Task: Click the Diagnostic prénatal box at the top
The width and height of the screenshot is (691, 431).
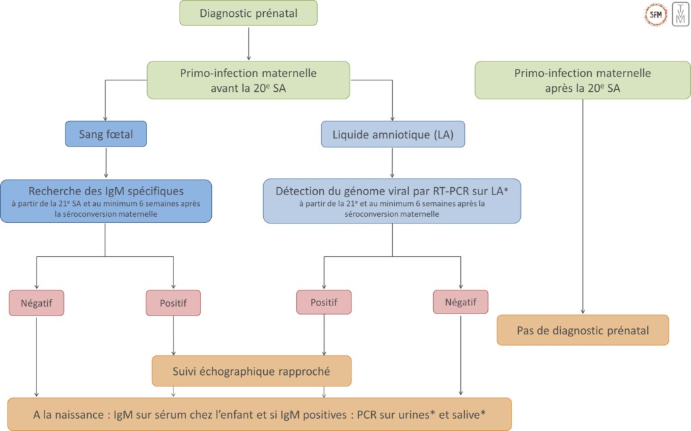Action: (249, 14)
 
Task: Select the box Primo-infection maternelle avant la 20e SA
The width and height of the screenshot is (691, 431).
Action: (249, 80)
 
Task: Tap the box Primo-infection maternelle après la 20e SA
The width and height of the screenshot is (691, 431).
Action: (582, 80)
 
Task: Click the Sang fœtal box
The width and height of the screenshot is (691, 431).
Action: (106, 134)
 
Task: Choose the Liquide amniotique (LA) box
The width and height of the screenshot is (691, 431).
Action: (393, 134)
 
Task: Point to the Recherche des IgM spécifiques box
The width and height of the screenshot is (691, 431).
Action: (106, 201)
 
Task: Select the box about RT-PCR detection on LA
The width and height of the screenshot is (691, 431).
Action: (392, 201)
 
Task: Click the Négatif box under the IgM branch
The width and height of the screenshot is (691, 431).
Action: (36, 303)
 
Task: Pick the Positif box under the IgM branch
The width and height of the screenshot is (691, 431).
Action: (173, 303)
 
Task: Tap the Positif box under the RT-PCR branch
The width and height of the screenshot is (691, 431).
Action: (324, 303)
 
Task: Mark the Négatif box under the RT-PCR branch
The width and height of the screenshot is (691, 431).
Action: (460, 303)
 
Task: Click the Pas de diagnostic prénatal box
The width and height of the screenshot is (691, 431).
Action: (582, 330)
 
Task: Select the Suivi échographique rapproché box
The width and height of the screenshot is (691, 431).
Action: (252, 371)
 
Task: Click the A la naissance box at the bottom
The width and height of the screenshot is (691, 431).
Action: (260, 413)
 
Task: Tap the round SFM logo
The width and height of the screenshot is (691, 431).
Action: (656, 14)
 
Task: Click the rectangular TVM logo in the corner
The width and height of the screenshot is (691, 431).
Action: (680, 14)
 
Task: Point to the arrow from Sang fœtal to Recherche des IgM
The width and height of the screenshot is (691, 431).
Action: (106, 163)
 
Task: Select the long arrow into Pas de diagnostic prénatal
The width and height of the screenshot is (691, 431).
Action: (582, 203)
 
